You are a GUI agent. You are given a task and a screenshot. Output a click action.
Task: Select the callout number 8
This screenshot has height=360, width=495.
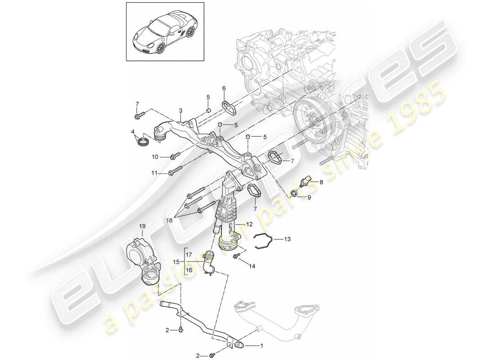321,182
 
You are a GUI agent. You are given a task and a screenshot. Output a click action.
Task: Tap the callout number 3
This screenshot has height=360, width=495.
180,111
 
